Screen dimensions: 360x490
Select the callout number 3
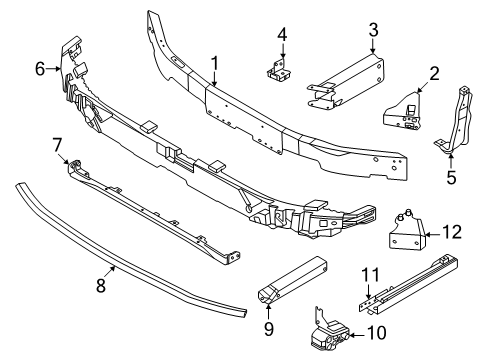[372, 29]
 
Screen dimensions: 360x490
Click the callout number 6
[40, 69]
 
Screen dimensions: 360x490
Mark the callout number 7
[57, 148]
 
